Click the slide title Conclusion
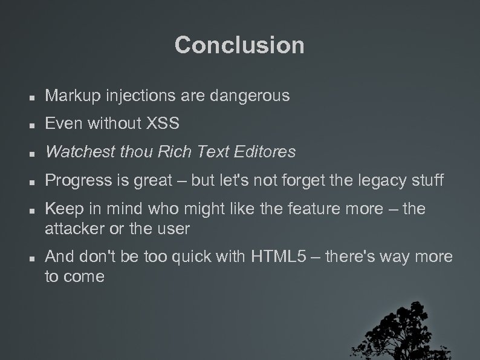tap(239, 45)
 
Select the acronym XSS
tap(163, 124)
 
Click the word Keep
tap(60, 209)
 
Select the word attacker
tap(72, 229)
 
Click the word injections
tap(129, 96)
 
